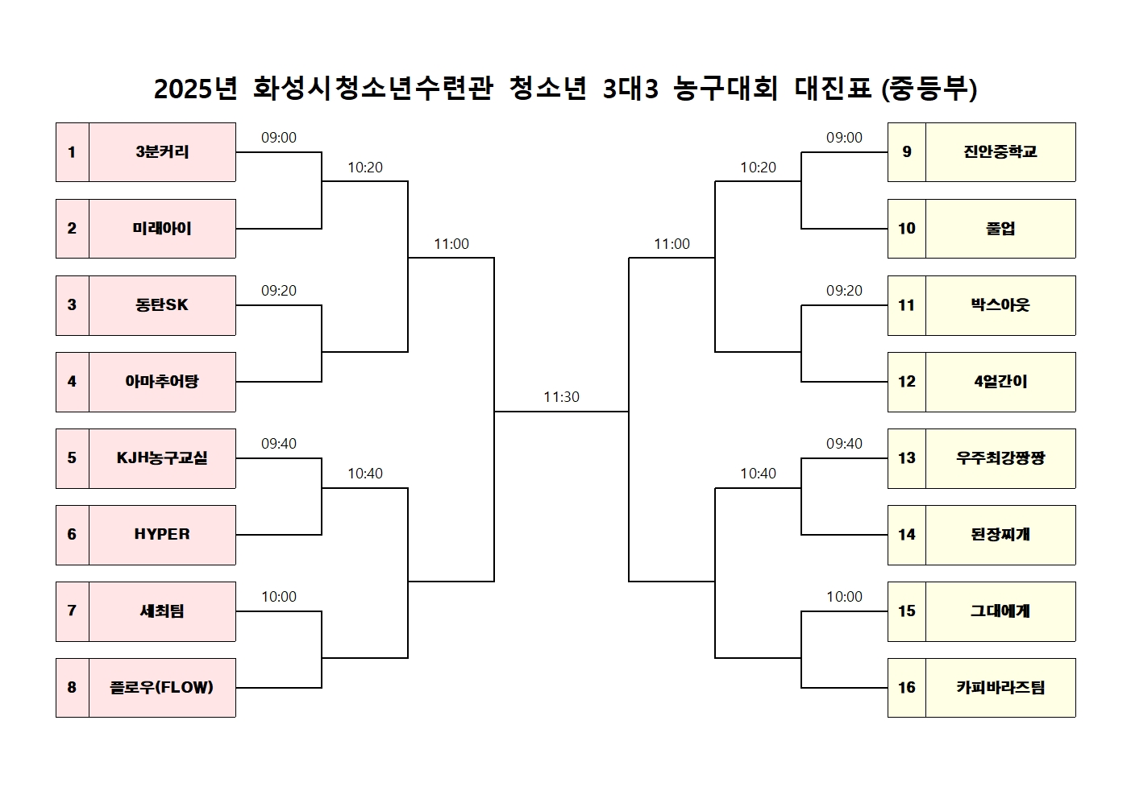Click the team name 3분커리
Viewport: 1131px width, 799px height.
coord(162,152)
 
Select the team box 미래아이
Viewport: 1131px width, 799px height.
coord(162,229)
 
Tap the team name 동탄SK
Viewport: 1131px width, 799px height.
coord(162,305)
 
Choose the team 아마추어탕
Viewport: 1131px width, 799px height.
coord(162,382)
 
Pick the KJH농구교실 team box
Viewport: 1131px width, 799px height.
coord(162,458)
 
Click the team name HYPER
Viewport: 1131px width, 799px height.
coord(162,534)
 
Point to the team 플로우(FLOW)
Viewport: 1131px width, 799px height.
coord(162,688)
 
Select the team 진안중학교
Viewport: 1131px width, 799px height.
coord(1000,152)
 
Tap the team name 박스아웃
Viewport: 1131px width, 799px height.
coord(1000,305)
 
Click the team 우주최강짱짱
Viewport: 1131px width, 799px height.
coord(1000,458)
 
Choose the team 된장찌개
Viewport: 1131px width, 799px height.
coord(1000,535)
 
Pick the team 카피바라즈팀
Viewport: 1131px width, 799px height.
coord(1000,688)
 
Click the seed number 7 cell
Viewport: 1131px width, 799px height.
coord(73,611)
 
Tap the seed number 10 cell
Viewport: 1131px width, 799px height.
coord(907,229)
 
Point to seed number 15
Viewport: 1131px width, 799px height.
coord(907,611)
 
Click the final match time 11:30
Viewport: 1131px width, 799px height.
coord(561,397)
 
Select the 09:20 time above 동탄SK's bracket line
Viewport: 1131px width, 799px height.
coord(279,291)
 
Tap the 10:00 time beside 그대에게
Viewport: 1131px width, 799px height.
coord(844,597)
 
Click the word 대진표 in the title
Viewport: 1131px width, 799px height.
coord(833,89)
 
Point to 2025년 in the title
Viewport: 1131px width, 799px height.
coord(196,89)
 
